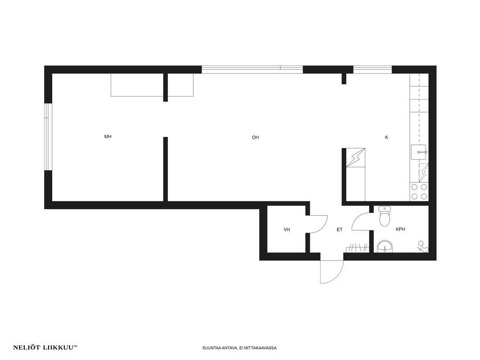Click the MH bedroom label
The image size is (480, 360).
[108, 136]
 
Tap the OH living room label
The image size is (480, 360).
[255, 137]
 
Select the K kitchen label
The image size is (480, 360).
[387, 137]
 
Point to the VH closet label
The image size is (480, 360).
[286, 229]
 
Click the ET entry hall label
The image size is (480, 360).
[340, 229]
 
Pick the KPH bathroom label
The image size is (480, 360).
[400, 229]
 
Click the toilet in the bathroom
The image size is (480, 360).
[385, 216]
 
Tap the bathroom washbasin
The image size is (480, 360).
[385, 247]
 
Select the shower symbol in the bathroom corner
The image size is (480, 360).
[422, 247]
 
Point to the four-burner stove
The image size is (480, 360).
[419, 192]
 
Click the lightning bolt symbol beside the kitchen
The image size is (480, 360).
[355, 157]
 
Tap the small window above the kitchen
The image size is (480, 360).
[372, 69]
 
